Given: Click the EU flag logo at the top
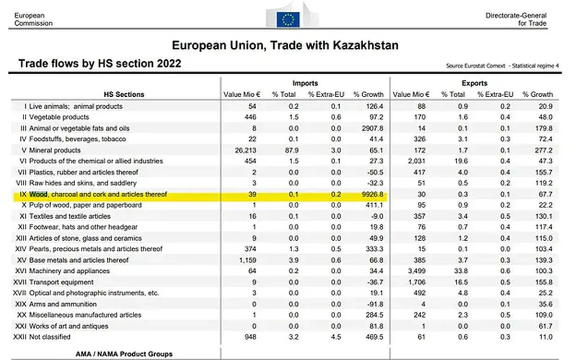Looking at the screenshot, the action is point(288,19).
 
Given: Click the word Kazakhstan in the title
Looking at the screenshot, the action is point(366,45).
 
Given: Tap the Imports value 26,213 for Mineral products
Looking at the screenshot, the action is point(246,150).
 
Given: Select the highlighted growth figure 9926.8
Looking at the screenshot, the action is point(372,194).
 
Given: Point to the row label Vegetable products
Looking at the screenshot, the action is point(59,117).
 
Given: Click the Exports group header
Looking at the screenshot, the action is point(474,83).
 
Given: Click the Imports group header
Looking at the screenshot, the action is point(305,83).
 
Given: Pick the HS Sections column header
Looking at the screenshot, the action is point(124,94).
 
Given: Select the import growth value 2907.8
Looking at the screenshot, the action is point(372,128).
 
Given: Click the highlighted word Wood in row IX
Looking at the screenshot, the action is point(38,194).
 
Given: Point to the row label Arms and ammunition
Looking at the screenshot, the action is point(63,304).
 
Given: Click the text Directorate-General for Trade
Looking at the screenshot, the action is point(516,19).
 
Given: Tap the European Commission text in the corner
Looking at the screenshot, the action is point(33,19).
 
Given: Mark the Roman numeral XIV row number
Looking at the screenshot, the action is point(21,249).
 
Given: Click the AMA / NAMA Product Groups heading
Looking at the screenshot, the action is point(124,354).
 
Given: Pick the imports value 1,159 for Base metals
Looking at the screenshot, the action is point(247,260).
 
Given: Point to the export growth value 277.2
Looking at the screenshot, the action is point(544,150).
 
